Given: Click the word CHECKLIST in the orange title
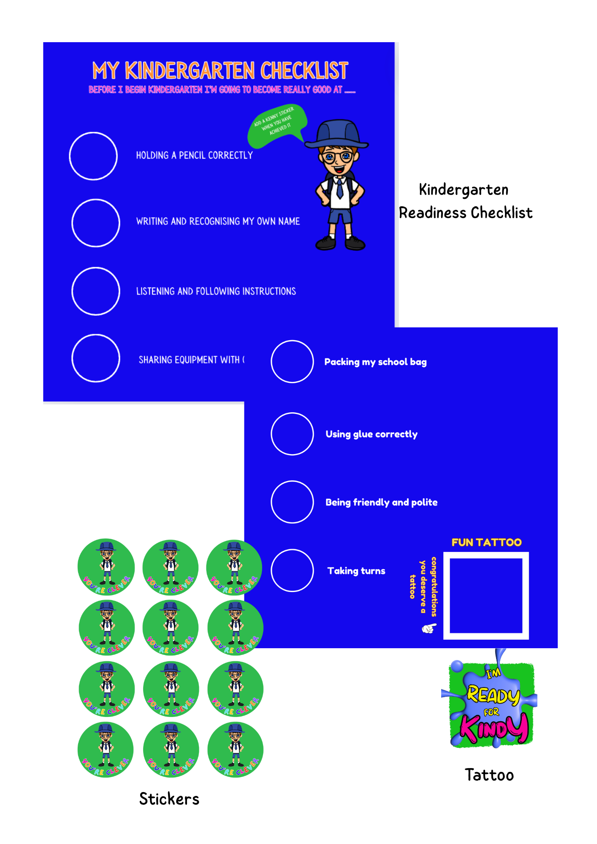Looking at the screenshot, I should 304,70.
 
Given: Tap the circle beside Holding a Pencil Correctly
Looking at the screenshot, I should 93,156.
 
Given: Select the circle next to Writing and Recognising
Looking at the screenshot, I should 96,223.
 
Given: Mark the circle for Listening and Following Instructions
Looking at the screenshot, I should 96,291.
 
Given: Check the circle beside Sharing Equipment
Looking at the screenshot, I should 96,358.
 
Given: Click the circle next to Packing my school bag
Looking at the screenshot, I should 292,362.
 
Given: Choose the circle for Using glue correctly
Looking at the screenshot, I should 292,434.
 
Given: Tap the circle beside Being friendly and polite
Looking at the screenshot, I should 292,502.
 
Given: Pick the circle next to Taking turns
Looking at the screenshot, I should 292,571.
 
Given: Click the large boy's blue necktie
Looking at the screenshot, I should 339,188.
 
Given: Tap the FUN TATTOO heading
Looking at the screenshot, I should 486,542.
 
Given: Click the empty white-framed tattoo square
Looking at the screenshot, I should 486,595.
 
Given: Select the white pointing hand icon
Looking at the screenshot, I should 429,628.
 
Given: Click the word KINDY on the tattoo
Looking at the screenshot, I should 494,728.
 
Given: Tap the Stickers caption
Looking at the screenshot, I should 169,799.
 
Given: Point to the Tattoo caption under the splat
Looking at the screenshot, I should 489,775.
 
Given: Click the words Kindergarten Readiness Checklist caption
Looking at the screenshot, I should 465,201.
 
